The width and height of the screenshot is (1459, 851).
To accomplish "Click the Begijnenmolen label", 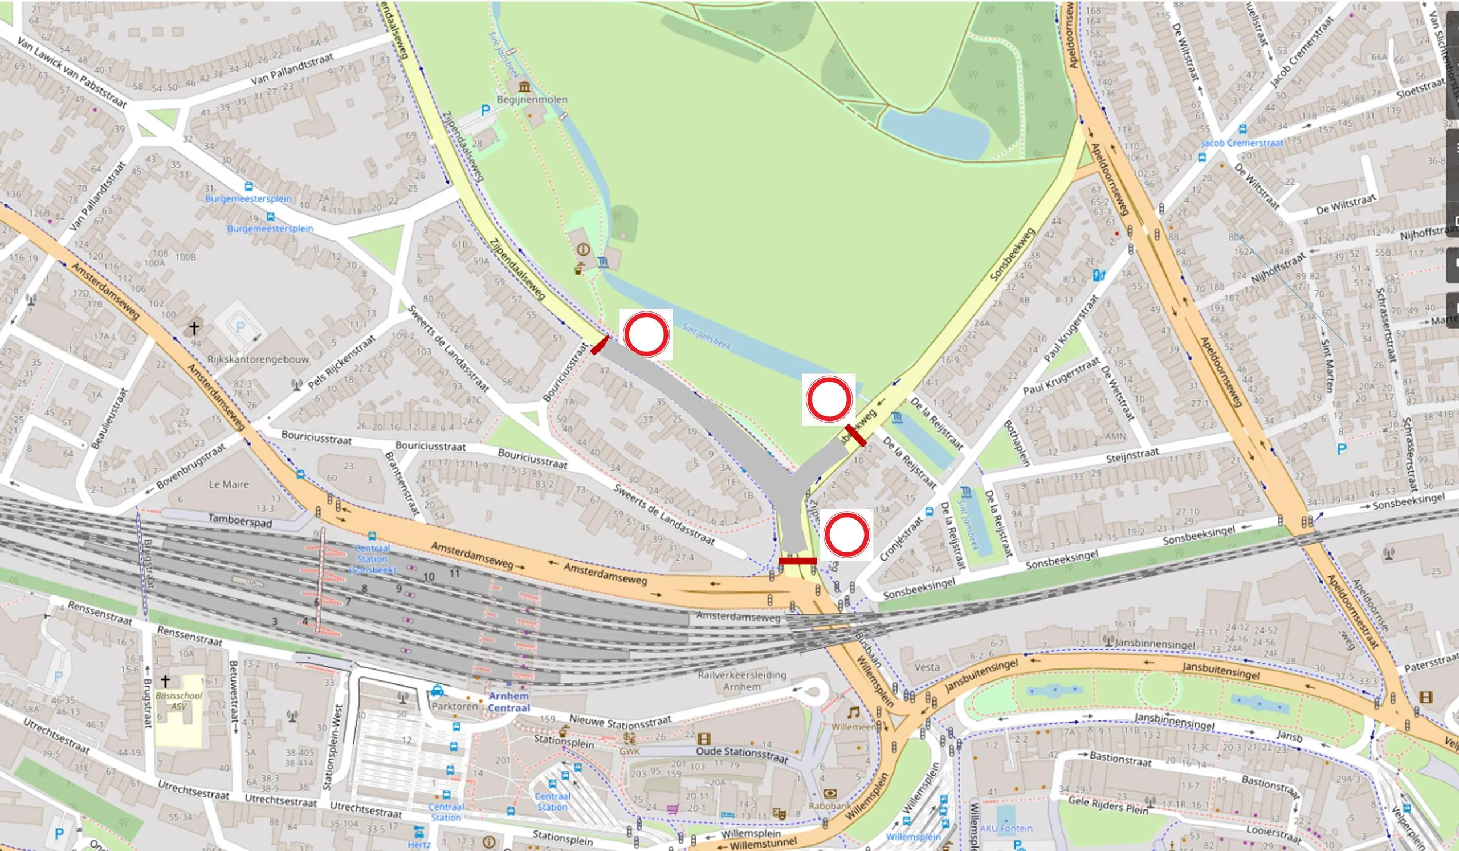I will tap(532, 100).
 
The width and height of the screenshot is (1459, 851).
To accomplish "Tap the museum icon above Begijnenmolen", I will tap(524, 87).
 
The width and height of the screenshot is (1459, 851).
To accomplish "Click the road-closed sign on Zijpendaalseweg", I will tap(646, 335).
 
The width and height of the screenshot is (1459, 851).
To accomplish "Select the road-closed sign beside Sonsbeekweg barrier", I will tap(829, 399).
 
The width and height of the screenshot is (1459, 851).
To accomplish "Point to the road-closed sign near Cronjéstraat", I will tap(846, 534).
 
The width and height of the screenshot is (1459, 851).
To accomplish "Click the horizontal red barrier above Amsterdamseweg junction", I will tap(797, 561).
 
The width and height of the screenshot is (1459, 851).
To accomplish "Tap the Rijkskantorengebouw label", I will tap(258, 359).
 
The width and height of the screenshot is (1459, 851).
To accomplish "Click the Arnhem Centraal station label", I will tap(508, 702).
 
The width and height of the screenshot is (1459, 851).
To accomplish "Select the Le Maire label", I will tap(229, 484).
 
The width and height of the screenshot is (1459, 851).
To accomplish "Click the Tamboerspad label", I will tap(241, 520).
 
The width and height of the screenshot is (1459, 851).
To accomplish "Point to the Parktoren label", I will tap(454, 706).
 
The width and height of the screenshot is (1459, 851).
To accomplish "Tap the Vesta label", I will tap(927, 667).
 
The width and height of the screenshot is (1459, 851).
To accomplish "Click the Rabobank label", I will tap(829, 806).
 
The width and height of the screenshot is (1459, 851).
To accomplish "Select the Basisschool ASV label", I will tap(179, 701).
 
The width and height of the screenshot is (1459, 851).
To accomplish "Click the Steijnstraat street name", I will tap(1132, 454).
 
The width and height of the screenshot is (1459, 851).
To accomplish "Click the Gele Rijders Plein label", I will tap(1107, 805).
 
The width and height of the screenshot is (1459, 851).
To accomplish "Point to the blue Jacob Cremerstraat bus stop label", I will tap(1242, 143).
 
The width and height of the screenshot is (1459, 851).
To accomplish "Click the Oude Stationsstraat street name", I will tap(741, 754).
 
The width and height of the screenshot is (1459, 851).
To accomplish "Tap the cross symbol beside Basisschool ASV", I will tap(165, 680).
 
